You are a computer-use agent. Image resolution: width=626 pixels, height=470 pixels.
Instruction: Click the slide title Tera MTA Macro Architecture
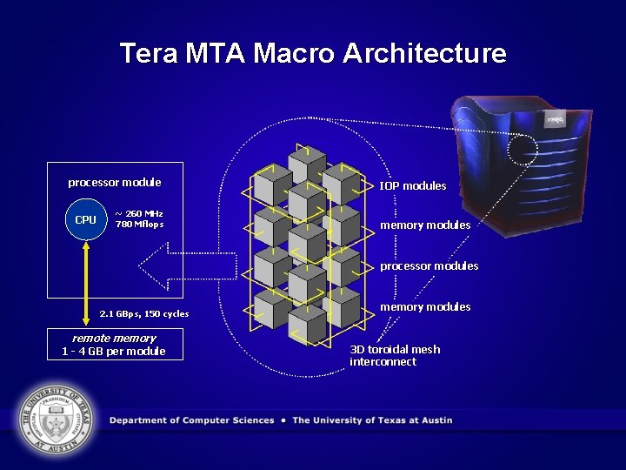313,53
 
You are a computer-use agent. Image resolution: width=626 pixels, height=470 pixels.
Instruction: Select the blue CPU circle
85,219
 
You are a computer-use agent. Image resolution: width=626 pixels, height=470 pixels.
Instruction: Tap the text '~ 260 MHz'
139,213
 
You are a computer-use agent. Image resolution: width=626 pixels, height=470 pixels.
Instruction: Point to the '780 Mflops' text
139,225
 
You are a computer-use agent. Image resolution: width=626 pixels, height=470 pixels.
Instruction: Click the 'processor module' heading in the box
115,183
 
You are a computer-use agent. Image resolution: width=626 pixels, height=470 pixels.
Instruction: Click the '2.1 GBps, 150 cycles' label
144,313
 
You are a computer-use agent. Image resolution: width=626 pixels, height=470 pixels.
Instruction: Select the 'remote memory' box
114,344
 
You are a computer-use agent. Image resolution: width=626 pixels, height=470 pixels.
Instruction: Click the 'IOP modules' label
412,185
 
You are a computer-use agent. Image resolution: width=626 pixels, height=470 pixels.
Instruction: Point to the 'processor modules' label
429,265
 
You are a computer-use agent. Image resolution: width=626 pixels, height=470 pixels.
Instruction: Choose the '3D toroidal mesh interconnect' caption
395,355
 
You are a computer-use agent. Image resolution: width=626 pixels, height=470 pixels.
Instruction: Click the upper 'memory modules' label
425,225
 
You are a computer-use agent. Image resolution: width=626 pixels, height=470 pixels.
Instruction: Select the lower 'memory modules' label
425,306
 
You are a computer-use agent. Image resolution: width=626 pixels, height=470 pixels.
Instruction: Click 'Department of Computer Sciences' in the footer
192,420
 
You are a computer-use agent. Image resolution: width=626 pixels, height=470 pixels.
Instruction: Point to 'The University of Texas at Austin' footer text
372,420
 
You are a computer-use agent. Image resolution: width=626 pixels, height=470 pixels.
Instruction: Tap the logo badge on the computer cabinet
554,120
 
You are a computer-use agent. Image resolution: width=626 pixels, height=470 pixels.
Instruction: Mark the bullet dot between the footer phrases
283,420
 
